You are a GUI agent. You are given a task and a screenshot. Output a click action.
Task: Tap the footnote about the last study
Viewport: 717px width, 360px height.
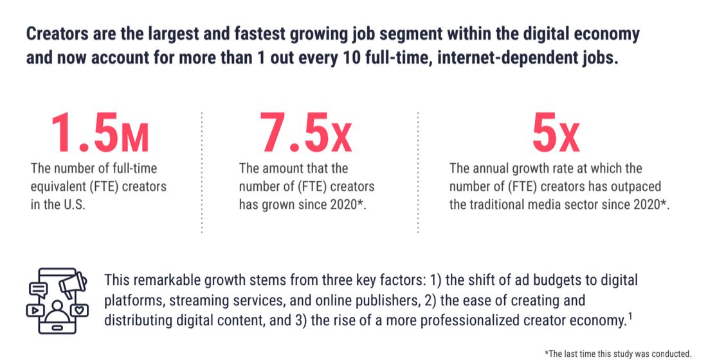617,353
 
